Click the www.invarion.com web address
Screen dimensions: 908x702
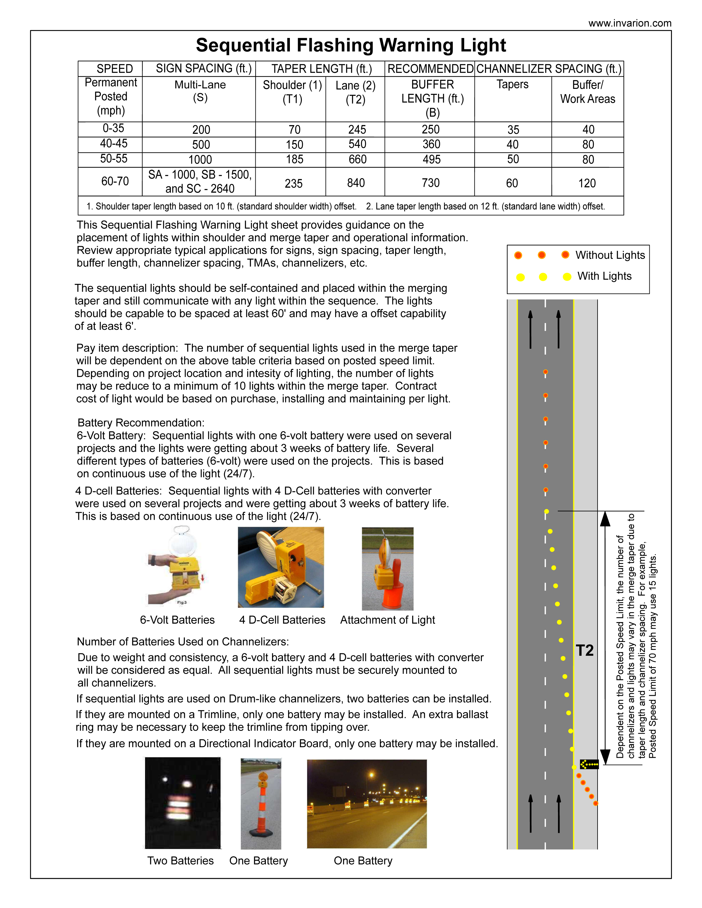pyautogui.click(x=629, y=23)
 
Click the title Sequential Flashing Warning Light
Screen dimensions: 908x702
pyautogui.click(x=351, y=45)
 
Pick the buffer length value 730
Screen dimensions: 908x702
pyautogui.click(x=431, y=183)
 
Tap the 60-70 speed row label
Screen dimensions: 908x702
pyautogui.click(x=115, y=181)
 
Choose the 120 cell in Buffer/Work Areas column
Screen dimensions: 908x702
pyautogui.click(x=587, y=183)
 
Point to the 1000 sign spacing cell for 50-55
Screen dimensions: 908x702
pyautogui.click(x=200, y=160)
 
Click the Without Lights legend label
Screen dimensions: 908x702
pyautogui.click(x=610, y=255)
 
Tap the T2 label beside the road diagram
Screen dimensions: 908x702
pyautogui.click(x=585, y=650)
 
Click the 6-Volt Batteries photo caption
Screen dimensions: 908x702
pyautogui.click(x=177, y=620)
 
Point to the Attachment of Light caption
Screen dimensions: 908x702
pyautogui.click(x=387, y=620)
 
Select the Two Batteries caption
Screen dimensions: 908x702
pyautogui.click(x=180, y=861)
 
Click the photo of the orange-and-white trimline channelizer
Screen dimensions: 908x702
pyautogui.click(x=261, y=803)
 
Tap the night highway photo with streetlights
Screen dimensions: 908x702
pyautogui.click(x=367, y=803)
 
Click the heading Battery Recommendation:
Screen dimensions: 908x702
pyautogui.click(x=141, y=423)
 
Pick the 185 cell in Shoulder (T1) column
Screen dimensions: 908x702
pyautogui.click(x=295, y=160)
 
